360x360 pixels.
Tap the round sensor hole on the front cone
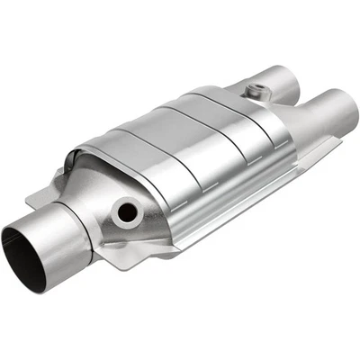127,212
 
